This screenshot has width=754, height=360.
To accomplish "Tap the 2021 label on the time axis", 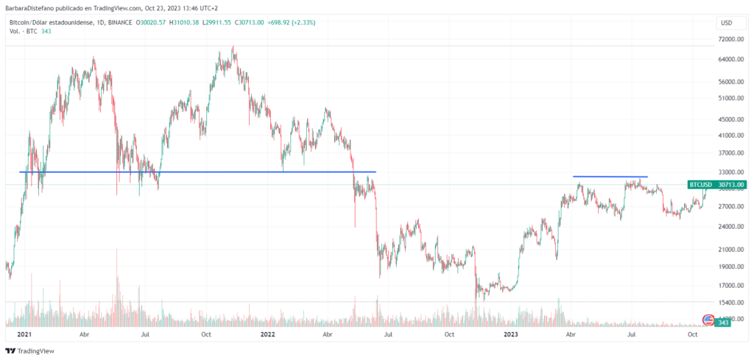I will click(25, 334).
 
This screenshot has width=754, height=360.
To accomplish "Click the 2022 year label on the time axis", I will click(268, 334).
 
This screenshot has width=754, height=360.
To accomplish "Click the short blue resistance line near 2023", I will click(610, 177).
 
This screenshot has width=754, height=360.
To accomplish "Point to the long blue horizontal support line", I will click(197, 172).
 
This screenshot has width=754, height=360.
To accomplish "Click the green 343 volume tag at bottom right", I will click(723, 322).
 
